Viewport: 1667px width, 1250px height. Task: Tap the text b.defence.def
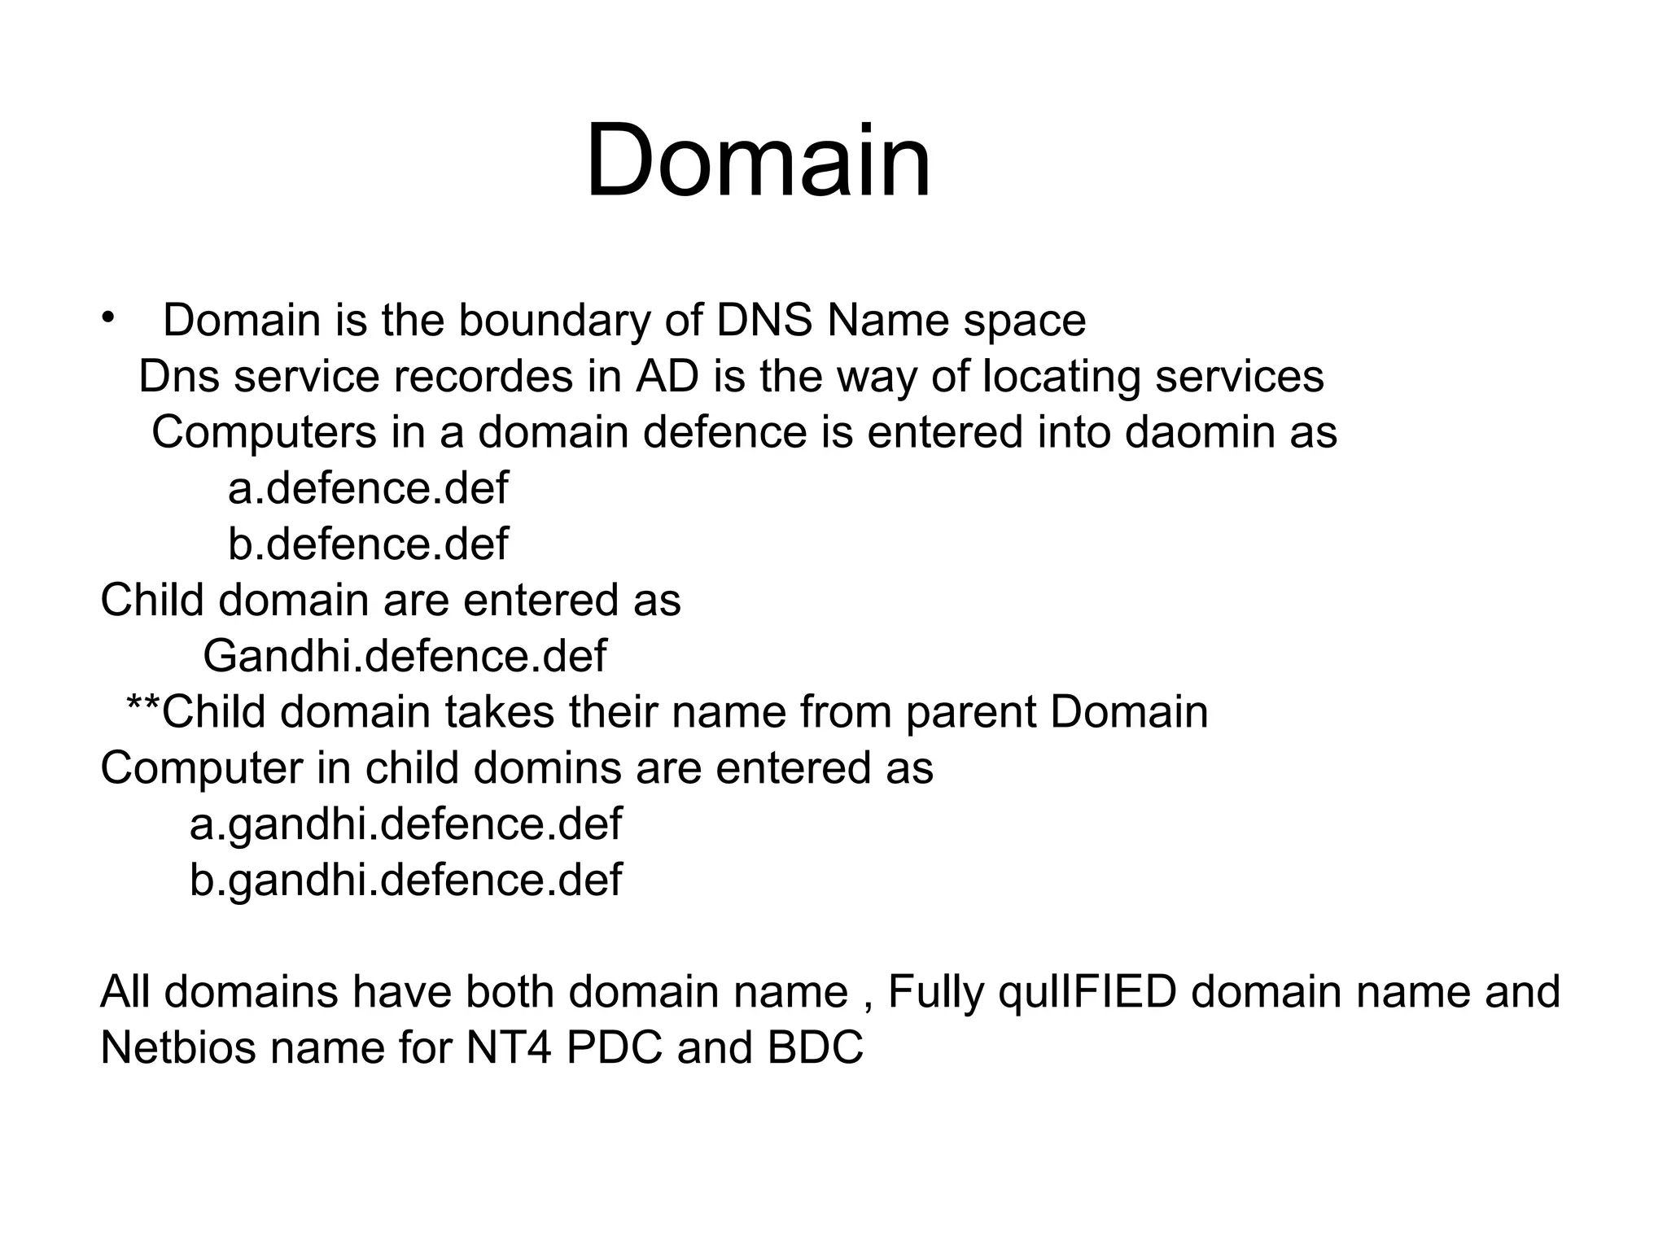coord(368,544)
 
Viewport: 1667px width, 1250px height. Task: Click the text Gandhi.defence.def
coord(405,656)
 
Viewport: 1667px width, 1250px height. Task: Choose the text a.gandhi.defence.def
coord(405,824)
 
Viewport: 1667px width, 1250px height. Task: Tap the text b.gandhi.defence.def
coord(405,880)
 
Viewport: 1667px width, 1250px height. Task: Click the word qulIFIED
coord(1087,993)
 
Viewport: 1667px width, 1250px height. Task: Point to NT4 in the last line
coord(507,1047)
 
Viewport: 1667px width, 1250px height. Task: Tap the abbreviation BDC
coord(815,1047)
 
